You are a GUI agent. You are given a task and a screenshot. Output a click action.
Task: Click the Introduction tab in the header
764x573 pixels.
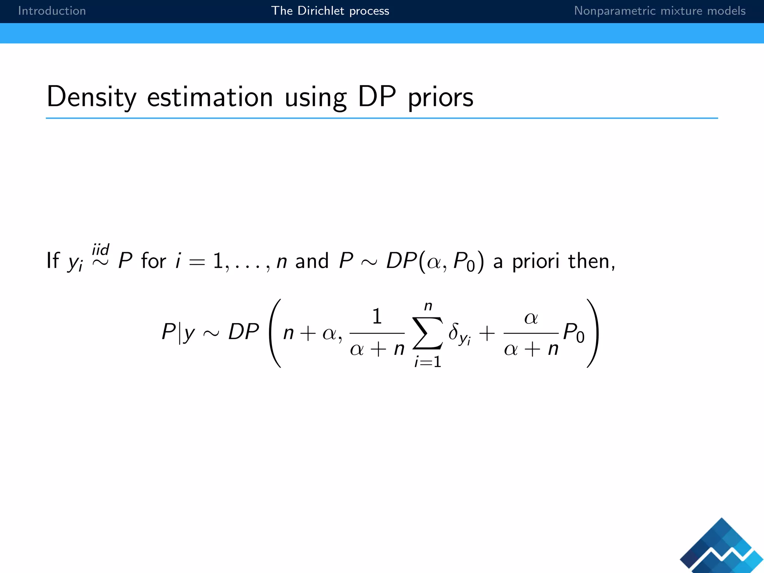coord(52,11)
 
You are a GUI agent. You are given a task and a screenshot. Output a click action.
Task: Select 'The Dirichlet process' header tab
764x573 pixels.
coord(330,11)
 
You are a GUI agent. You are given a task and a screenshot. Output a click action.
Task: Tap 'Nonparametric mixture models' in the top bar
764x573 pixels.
coord(660,11)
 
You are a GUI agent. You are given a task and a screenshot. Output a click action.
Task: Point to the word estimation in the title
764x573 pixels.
coord(210,97)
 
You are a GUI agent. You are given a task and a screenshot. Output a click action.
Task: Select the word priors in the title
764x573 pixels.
coord(441,98)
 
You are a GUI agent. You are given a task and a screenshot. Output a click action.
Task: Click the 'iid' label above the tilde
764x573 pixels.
coord(100,249)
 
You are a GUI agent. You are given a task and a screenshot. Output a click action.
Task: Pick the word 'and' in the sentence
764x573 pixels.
coord(312,261)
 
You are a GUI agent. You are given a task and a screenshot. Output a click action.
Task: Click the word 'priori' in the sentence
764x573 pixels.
coord(535,261)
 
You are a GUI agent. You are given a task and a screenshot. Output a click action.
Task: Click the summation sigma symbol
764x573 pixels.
coord(428,333)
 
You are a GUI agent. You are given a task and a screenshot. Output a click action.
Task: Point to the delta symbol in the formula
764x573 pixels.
coord(454,331)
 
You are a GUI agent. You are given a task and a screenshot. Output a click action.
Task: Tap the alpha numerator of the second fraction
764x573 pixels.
coord(531,318)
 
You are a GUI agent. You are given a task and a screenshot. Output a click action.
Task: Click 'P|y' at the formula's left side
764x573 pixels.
coord(178,331)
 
